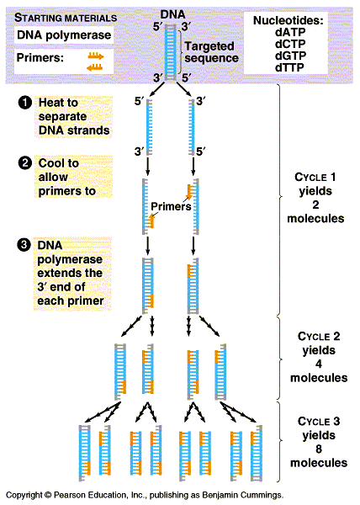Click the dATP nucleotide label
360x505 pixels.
pos(290,32)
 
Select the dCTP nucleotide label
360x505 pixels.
pos(290,44)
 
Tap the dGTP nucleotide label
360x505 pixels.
pos(290,56)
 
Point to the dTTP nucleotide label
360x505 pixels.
pos(289,67)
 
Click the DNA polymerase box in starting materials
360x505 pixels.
pos(64,35)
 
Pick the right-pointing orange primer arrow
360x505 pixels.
pos(96,56)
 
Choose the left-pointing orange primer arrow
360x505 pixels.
pos(94,67)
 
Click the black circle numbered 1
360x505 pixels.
pos(24,103)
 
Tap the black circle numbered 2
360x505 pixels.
pos(24,163)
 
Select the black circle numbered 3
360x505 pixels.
pos(24,245)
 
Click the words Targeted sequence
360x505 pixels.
pos(211,52)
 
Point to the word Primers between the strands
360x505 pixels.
pos(171,206)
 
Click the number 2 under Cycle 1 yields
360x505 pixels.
pos(315,205)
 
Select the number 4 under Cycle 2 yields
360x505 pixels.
pos(319,364)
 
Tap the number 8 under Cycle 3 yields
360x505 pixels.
pos(319,449)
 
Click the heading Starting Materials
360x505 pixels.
pos(66,18)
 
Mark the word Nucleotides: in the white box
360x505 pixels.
pos(289,20)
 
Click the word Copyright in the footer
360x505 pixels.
pos(24,495)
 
